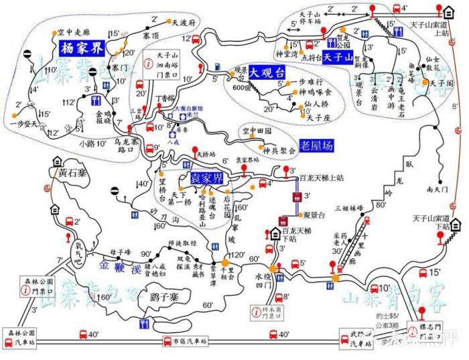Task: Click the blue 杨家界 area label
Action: (x=81, y=49)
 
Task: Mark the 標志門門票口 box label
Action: (x=428, y=333)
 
